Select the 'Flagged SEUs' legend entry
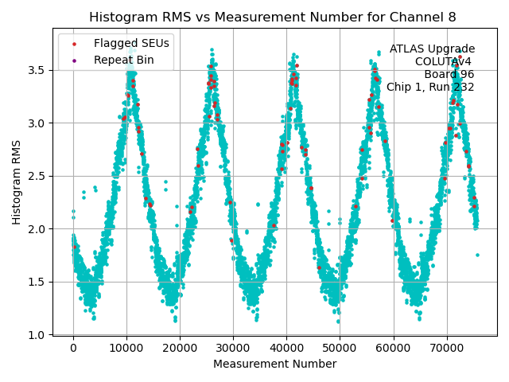131,44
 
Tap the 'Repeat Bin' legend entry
124,60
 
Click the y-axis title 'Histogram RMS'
17,181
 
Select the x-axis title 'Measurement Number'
274,364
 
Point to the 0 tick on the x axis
73,348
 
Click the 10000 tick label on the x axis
126,348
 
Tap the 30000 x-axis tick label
233,348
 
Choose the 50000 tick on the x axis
340,348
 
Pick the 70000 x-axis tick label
446,348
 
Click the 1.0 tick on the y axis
38,335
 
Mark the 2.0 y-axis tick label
38,229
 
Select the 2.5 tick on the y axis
38,176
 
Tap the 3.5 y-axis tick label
38,70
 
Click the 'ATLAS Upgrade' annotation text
432,49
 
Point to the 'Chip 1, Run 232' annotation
430,88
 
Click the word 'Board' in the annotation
441,75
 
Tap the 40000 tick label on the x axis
286,348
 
